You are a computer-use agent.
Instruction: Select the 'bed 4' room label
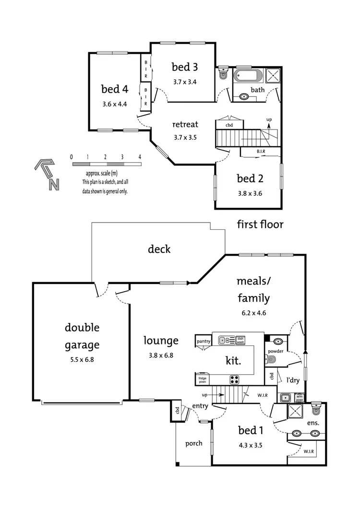click(x=114, y=89)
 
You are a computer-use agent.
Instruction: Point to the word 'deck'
click(x=159, y=249)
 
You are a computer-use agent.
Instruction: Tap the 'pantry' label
click(x=204, y=341)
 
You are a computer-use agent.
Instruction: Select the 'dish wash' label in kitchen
click(x=240, y=340)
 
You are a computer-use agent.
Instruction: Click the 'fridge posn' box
click(x=202, y=379)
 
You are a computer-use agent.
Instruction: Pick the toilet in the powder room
click(x=277, y=342)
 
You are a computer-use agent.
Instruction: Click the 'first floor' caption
click(x=260, y=224)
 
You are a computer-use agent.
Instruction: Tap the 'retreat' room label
click(x=185, y=125)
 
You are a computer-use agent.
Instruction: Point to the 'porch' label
click(x=193, y=443)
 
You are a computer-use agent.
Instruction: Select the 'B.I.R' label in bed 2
click(x=261, y=152)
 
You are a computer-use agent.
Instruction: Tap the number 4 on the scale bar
click(x=140, y=157)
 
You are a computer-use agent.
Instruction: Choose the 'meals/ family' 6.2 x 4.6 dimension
click(x=254, y=312)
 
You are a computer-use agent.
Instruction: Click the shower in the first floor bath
click(x=273, y=76)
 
